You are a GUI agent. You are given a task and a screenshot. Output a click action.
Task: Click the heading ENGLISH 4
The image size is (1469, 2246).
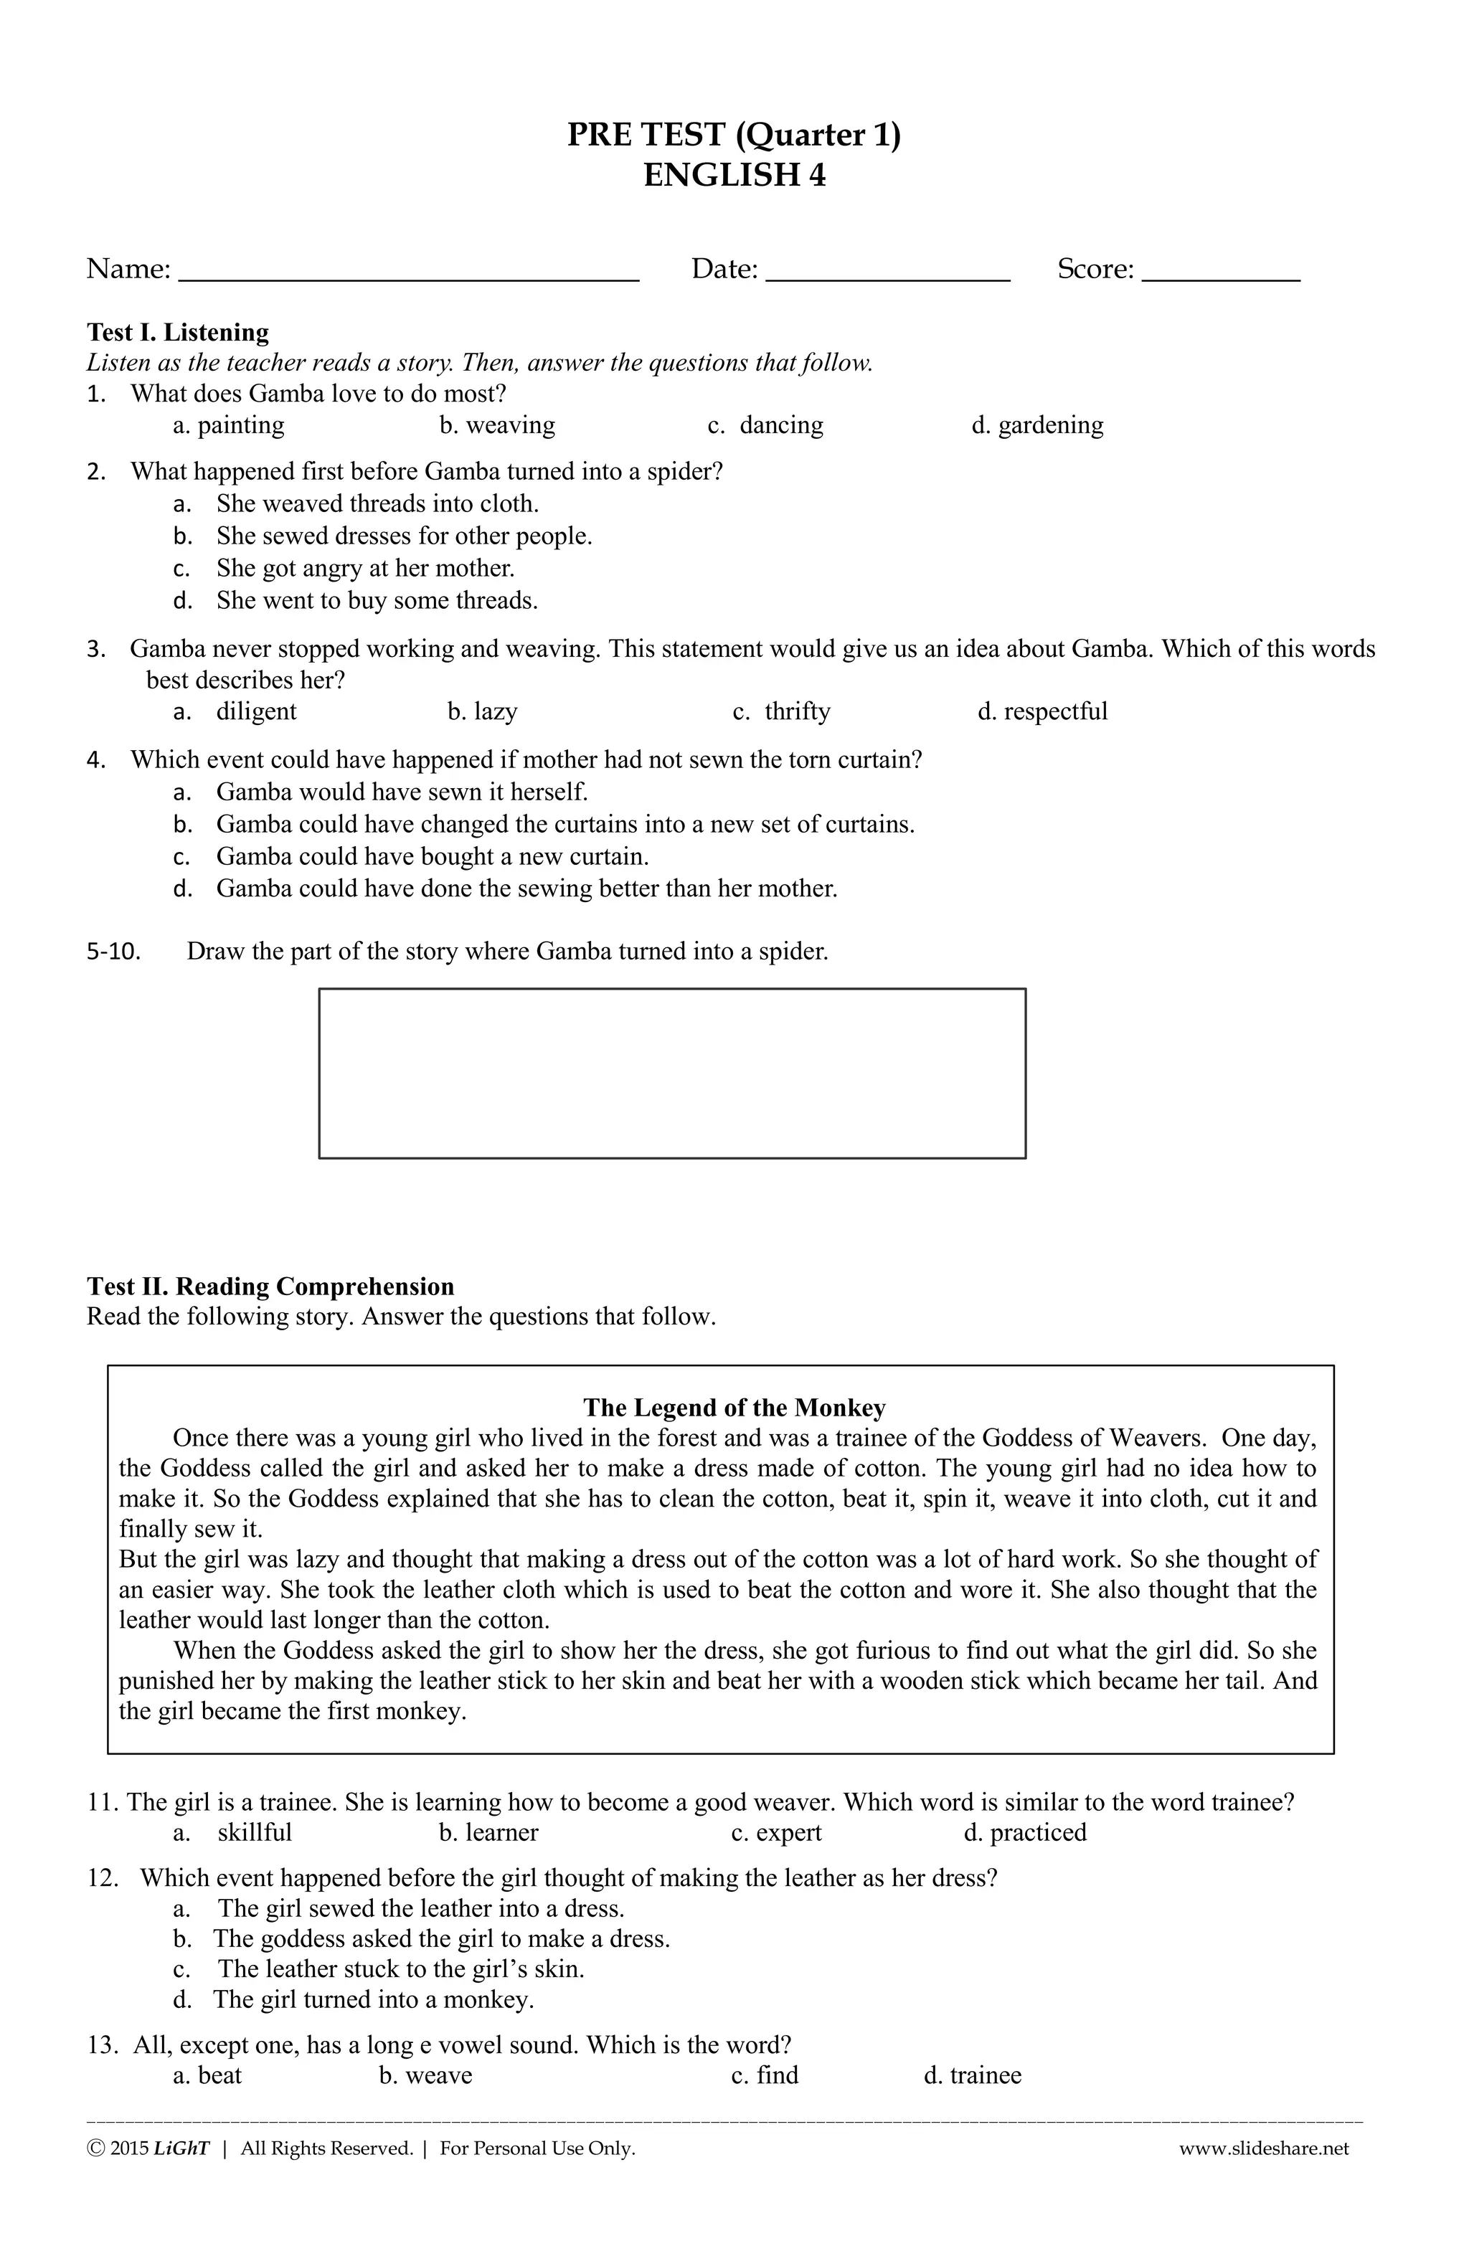tap(734, 176)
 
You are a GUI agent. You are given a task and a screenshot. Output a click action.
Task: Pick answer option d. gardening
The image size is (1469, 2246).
tap(1036, 426)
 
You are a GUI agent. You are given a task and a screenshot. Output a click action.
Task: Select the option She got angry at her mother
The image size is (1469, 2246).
tap(364, 568)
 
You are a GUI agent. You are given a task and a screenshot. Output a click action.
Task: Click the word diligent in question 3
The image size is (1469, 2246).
tap(256, 711)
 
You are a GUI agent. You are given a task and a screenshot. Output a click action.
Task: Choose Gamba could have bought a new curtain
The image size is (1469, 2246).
tap(433, 857)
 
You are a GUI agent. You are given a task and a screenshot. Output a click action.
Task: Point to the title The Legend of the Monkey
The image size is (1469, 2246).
tap(734, 1408)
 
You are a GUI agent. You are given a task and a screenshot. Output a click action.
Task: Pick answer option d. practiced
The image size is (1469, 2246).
tap(1024, 1833)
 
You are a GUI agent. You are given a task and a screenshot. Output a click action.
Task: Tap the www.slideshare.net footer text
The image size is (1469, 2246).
tap(1263, 2148)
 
